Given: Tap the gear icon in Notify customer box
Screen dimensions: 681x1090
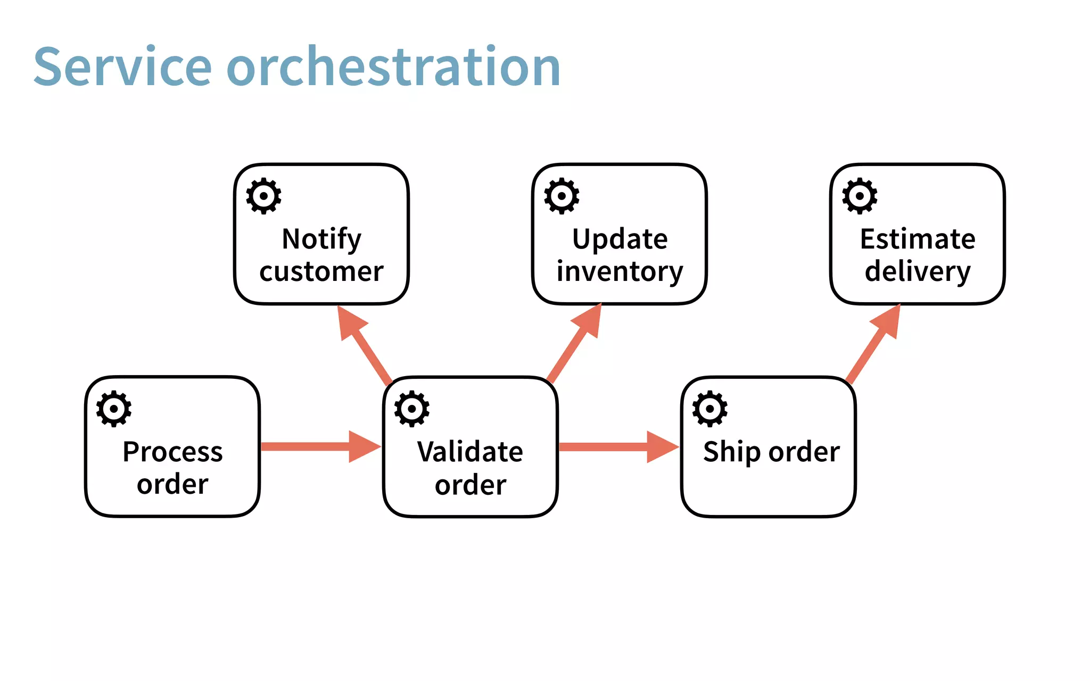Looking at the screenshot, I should [x=263, y=196].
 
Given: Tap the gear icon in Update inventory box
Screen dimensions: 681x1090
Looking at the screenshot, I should [x=561, y=196].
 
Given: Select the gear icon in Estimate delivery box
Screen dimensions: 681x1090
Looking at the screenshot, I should [x=860, y=196].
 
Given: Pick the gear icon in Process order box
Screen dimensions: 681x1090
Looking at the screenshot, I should [x=113, y=409].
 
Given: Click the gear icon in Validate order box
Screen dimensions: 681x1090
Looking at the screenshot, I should [x=411, y=409].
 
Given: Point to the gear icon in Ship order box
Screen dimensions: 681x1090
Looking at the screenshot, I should [x=709, y=409].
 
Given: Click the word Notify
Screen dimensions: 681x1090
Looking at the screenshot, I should [x=321, y=239].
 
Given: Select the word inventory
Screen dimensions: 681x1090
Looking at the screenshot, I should [x=620, y=271].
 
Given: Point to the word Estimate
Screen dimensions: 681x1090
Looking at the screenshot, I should [x=918, y=239].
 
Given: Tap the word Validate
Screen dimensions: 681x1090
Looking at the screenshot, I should [x=470, y=452].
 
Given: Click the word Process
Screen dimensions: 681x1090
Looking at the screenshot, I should [x=172, y=452].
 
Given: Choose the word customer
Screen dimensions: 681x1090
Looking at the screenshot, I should [x=321, y=271].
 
